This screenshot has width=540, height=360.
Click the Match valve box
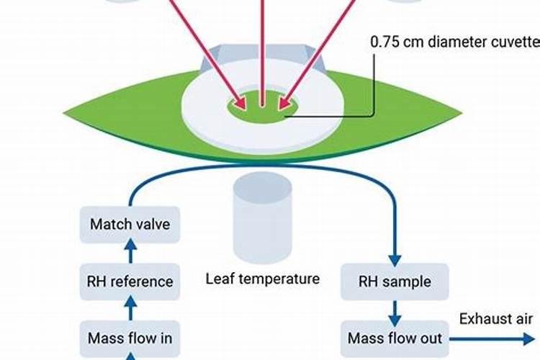click(130, 225)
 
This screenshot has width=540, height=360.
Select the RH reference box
click(130, 281)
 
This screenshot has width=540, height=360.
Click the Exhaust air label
click(497, 319)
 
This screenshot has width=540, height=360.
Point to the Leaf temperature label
click(262, 278)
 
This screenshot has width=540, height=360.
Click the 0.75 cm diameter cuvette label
click(454, 42)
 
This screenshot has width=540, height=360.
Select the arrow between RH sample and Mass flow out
click(394, 309)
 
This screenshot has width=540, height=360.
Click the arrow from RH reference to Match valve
click(130, 253)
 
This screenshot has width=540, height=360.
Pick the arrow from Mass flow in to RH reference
click(130, 309)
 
